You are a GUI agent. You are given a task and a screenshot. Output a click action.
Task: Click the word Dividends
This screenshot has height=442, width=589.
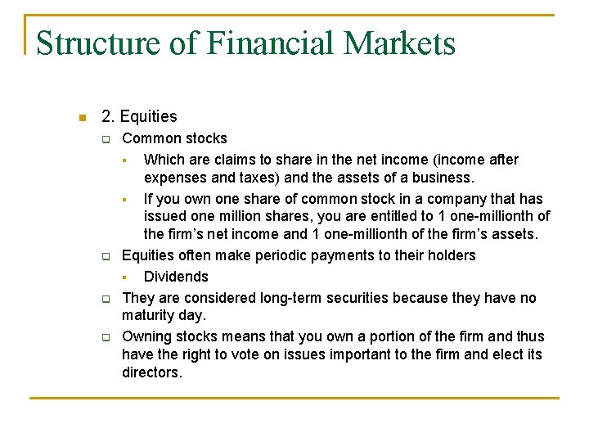tap(176, 277)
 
